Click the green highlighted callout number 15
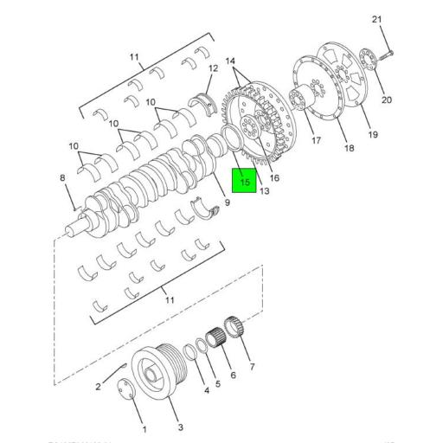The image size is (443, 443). (x=244, y=183)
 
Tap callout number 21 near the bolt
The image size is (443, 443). (x=376, y=19)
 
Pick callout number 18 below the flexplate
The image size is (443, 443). (x=349, y=149)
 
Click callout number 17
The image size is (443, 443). (x=316, y=140)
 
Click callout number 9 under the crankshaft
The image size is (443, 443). (x=227, y=202)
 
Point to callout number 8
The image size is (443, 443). (x=62, y=179)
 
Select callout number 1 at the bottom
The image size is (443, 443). (x=144, y=430)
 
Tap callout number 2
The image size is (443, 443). (x=98, y=387)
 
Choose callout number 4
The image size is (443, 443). (x=206, y=391)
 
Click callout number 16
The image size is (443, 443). (x=274, y=178)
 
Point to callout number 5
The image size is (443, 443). (x=217, y=384)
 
